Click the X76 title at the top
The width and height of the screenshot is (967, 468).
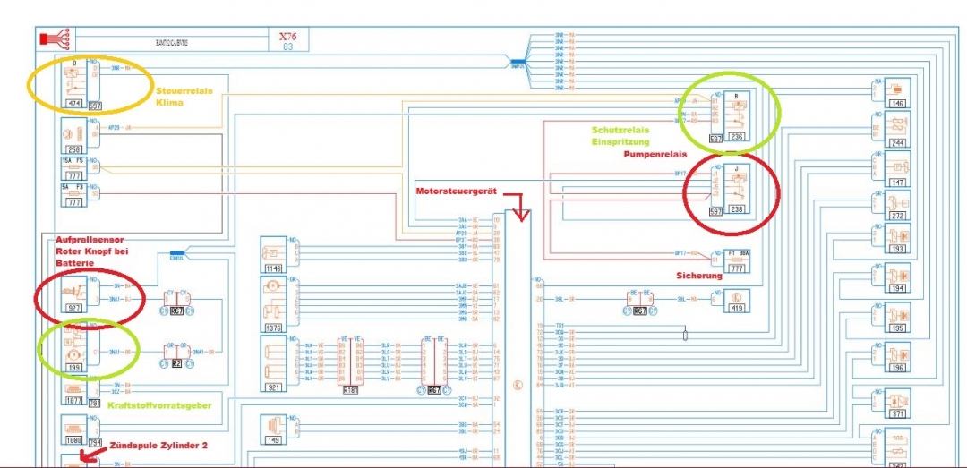(287, 37)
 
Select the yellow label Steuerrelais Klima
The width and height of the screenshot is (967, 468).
(184, 96)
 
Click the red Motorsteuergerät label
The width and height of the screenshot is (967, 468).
(456, 191)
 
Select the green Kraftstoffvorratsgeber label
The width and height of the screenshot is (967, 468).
(159, 405)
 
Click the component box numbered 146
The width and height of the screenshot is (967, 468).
(897, 103)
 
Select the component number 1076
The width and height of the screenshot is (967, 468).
(272, 328)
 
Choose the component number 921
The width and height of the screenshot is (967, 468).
(272, 387)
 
